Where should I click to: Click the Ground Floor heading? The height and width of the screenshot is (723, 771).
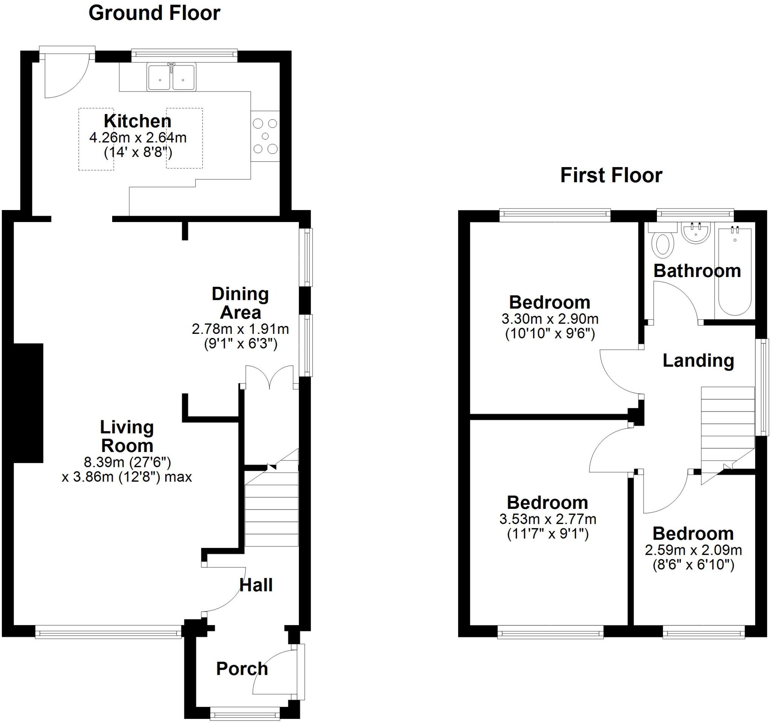154,13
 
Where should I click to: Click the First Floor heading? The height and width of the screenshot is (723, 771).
611,175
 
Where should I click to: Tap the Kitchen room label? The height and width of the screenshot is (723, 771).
137,121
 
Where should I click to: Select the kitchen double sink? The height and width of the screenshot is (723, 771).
171,78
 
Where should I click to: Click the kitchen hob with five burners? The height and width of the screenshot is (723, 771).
265,136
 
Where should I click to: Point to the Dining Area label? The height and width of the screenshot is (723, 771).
240,303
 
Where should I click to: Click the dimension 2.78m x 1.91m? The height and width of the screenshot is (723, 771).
240,329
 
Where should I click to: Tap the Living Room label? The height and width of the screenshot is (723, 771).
127,436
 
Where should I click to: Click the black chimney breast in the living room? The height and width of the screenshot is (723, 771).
28,403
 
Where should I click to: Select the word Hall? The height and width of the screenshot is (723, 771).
256,585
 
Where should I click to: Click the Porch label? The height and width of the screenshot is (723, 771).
242,669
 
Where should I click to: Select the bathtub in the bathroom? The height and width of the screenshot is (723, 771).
735,271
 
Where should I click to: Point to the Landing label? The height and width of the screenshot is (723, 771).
698,361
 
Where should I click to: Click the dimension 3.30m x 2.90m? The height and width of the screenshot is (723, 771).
550,319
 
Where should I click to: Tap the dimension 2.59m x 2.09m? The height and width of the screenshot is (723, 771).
693,550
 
